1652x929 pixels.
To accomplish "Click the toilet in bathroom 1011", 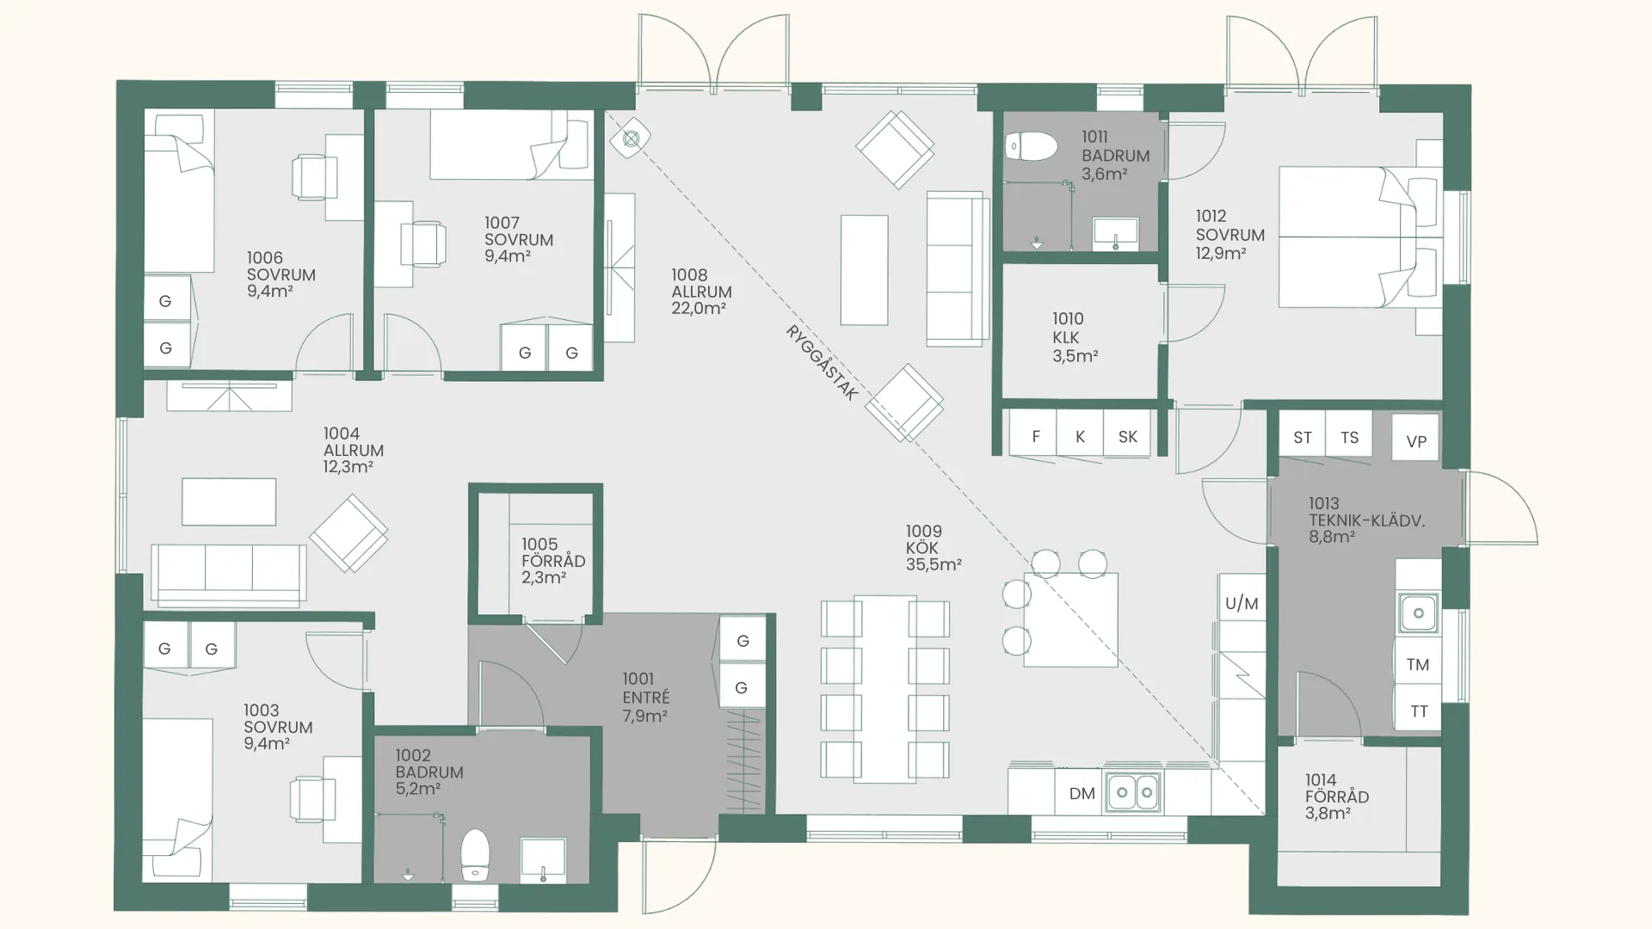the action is [x=1031, y=146].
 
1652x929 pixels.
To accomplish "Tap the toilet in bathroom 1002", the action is [x=475, y=855].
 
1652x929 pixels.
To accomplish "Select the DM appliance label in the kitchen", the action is [x=1082, y=793].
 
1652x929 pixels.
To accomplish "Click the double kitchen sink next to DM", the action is [x=1134, y=792].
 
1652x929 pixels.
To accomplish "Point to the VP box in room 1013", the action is [x=1416, y=440].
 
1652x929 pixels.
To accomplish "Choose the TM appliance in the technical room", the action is [x=1418, y=664].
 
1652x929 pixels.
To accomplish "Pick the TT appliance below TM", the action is [x=1419, y=711].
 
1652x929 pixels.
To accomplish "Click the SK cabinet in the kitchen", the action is [x=1127, y=435].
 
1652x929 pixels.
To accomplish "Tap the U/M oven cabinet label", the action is [x=1242, y=603].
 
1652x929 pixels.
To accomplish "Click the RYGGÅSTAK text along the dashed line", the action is [x=822, y=362].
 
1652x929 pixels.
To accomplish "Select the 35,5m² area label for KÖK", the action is [x=934, y=564].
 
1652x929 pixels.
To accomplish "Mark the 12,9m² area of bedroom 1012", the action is [x=1220, y=253].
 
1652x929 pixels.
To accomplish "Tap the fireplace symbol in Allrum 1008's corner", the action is [x=631, y=138].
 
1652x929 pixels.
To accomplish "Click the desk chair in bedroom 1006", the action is [x=310, y=176].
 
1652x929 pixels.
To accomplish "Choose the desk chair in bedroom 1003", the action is [x=308, y=798].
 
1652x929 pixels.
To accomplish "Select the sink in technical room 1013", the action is [x=1418, y=612].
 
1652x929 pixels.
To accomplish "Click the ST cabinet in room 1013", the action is [x=1303, y=437].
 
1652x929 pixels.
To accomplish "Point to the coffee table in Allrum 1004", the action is [x=229, y=501].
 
